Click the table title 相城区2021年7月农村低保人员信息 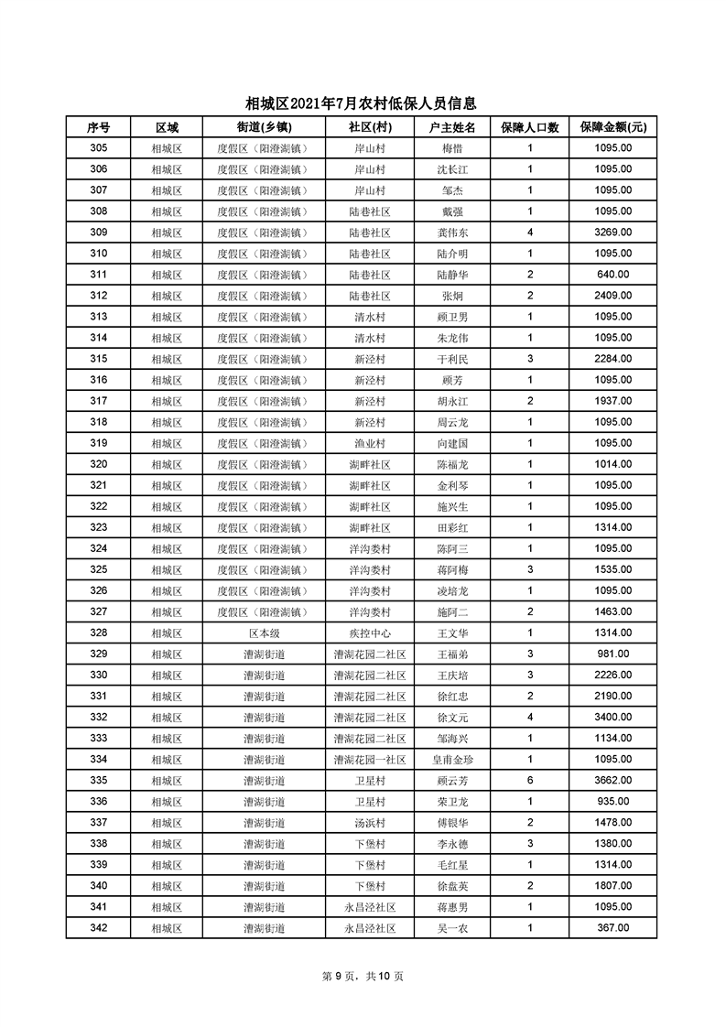(362, 105)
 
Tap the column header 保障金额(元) (612, 127)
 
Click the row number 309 (99, 232)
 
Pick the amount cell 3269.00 (612, 232)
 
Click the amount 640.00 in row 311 (612, 275)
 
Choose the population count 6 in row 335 (529, 781)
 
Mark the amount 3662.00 (612, 781)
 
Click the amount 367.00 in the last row (612, 928)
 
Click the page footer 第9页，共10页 (363, 977)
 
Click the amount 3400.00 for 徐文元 (612, 718)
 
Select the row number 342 (99, 928)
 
